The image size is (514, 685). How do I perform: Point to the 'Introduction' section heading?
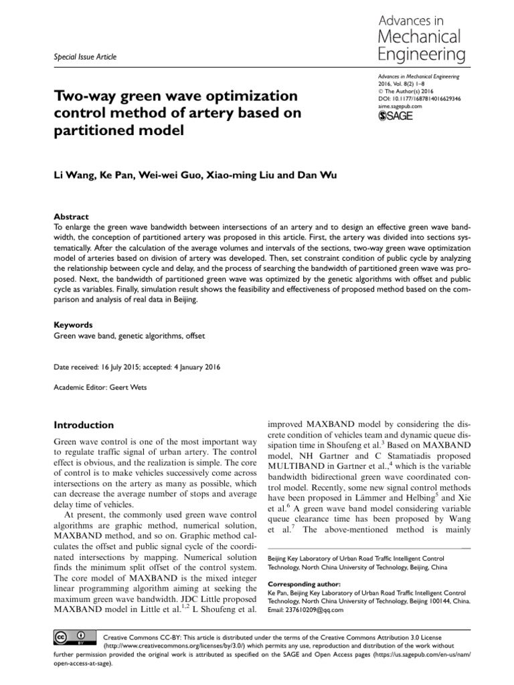[84, 425]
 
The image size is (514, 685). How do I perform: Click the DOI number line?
[416, 98]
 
